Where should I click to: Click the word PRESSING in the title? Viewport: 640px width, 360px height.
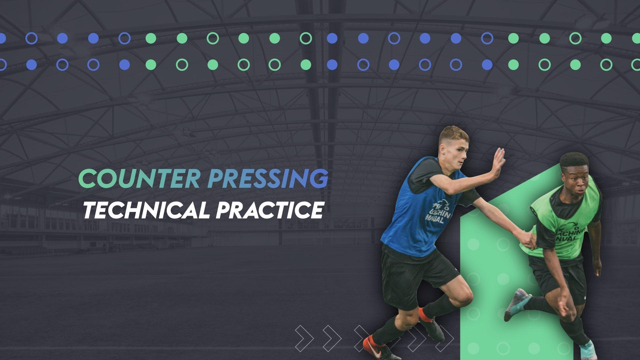tap(267, 179)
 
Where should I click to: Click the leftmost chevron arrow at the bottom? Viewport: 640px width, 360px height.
tap(304, 337)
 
